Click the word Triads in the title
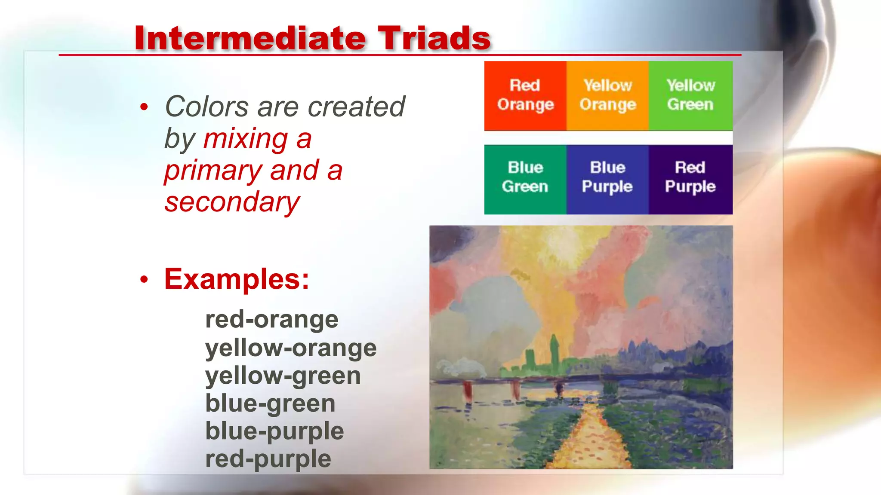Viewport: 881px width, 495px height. (434, 39)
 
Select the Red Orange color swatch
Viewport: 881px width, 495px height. (525, 95)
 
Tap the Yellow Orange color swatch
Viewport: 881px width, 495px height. (607, 95)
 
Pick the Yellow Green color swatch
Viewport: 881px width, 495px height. (690, 95)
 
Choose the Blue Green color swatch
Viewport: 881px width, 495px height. (525, 179)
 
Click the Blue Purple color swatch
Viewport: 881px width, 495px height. (607, 179)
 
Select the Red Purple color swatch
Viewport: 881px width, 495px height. (690, 179)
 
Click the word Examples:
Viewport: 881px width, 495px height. (237, 279)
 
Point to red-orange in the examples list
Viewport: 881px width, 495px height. (271, 320)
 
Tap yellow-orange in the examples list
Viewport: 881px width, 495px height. (291, 348)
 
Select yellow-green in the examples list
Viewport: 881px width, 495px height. (283, 376)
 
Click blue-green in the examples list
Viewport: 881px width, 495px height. (270, 403)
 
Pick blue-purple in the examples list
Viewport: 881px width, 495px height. (274, 431)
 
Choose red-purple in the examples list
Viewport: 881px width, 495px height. (268, 459)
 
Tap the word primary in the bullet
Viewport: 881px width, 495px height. (213, 171)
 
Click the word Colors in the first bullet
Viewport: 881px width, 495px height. (207, 107)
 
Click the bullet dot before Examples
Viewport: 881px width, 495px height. (144, 280)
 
